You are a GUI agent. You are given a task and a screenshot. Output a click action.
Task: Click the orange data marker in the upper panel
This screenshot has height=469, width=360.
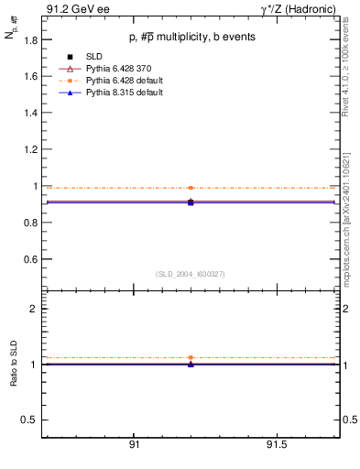[x=191, y=188]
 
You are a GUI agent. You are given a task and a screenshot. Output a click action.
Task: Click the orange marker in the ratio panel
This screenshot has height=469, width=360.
[x=191, y=357]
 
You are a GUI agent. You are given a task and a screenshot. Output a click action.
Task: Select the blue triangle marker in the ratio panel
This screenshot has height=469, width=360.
[x=191, y=365]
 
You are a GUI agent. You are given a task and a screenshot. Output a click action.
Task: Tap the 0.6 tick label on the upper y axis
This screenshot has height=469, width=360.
[x=31, y=259]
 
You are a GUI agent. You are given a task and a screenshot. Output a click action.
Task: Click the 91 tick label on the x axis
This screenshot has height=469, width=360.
[x=134, y=445]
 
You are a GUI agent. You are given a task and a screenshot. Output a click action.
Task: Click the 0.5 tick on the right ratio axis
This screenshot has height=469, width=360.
[x=348, y=420]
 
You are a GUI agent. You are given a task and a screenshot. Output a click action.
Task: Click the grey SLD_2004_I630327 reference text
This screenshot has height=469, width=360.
[x=191, y=274]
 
